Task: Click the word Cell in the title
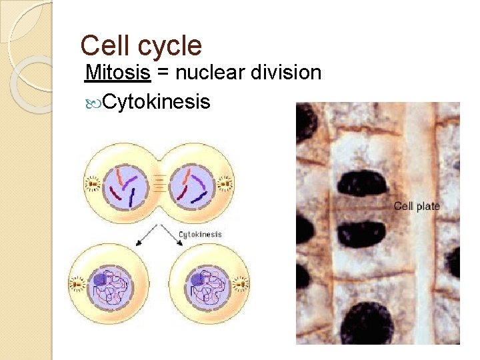pyautogui.click(x=103, y=46)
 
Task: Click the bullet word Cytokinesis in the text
pyautogui.click(x=157, y=102)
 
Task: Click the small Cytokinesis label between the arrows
pyautogui.click(x=200, y=234)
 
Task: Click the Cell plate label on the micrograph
pyautogui.click(x=417, y=206)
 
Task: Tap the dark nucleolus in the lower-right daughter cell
pyautogui.click(x=198, y=280)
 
